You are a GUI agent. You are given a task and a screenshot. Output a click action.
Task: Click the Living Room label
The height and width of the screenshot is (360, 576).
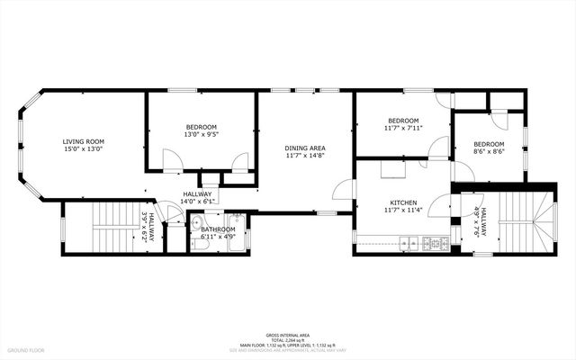tap(83, 141)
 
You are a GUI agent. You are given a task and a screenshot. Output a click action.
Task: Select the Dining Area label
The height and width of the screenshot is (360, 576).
tap(304, 148)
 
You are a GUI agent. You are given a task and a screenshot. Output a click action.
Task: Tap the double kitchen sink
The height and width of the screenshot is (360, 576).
tap(409, 243)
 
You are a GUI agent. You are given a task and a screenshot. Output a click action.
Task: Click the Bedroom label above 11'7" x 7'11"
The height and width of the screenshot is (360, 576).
tap(403, 121)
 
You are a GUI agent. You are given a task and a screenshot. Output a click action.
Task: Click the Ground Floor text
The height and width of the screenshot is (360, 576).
tap(25, 350)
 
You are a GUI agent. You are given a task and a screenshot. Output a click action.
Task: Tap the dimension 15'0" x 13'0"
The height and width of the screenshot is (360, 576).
tap(83, 149)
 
